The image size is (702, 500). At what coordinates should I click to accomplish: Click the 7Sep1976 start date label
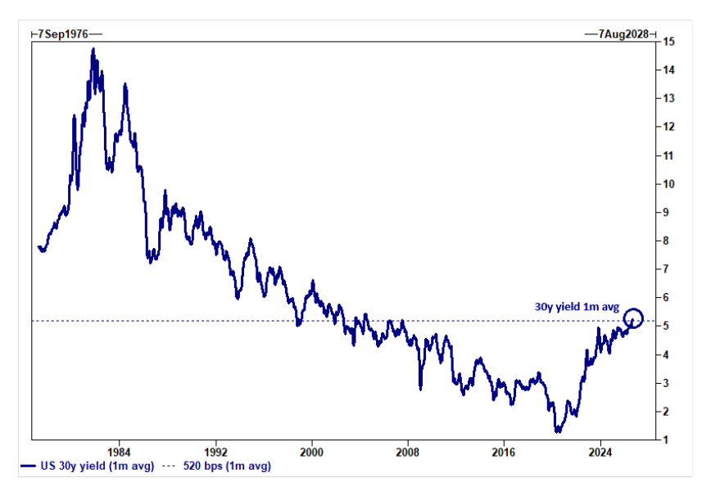[x=63, y=34]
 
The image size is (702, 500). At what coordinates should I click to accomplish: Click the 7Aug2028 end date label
[x=623, y=34]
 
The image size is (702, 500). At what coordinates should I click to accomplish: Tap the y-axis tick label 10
[x=668, y=184]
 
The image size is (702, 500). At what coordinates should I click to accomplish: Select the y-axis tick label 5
[x=666, y=326]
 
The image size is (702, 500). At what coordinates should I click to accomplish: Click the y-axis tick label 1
[x=666, y=439]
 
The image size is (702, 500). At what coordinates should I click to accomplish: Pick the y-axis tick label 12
[x=668, y=127]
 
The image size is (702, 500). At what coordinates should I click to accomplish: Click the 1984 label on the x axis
[x=119, y=453]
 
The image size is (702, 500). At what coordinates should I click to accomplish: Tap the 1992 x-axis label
[x=215, y=453]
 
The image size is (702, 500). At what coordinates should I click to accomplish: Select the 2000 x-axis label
[x=311, y=453]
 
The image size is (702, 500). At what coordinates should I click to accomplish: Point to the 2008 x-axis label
[x=407, y=453]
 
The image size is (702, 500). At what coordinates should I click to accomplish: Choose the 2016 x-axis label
[x=504, y=453]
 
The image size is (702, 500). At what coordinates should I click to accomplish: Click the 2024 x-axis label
[x=600, y=453]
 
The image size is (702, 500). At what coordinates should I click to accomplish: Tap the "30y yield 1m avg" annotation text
[x=577, y=307]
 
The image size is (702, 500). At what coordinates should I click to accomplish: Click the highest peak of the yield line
[x=93, y=48]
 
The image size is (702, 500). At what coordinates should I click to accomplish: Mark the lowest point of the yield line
[x=558, y=431]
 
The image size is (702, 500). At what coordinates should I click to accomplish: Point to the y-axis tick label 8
[x=666, y=241]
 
